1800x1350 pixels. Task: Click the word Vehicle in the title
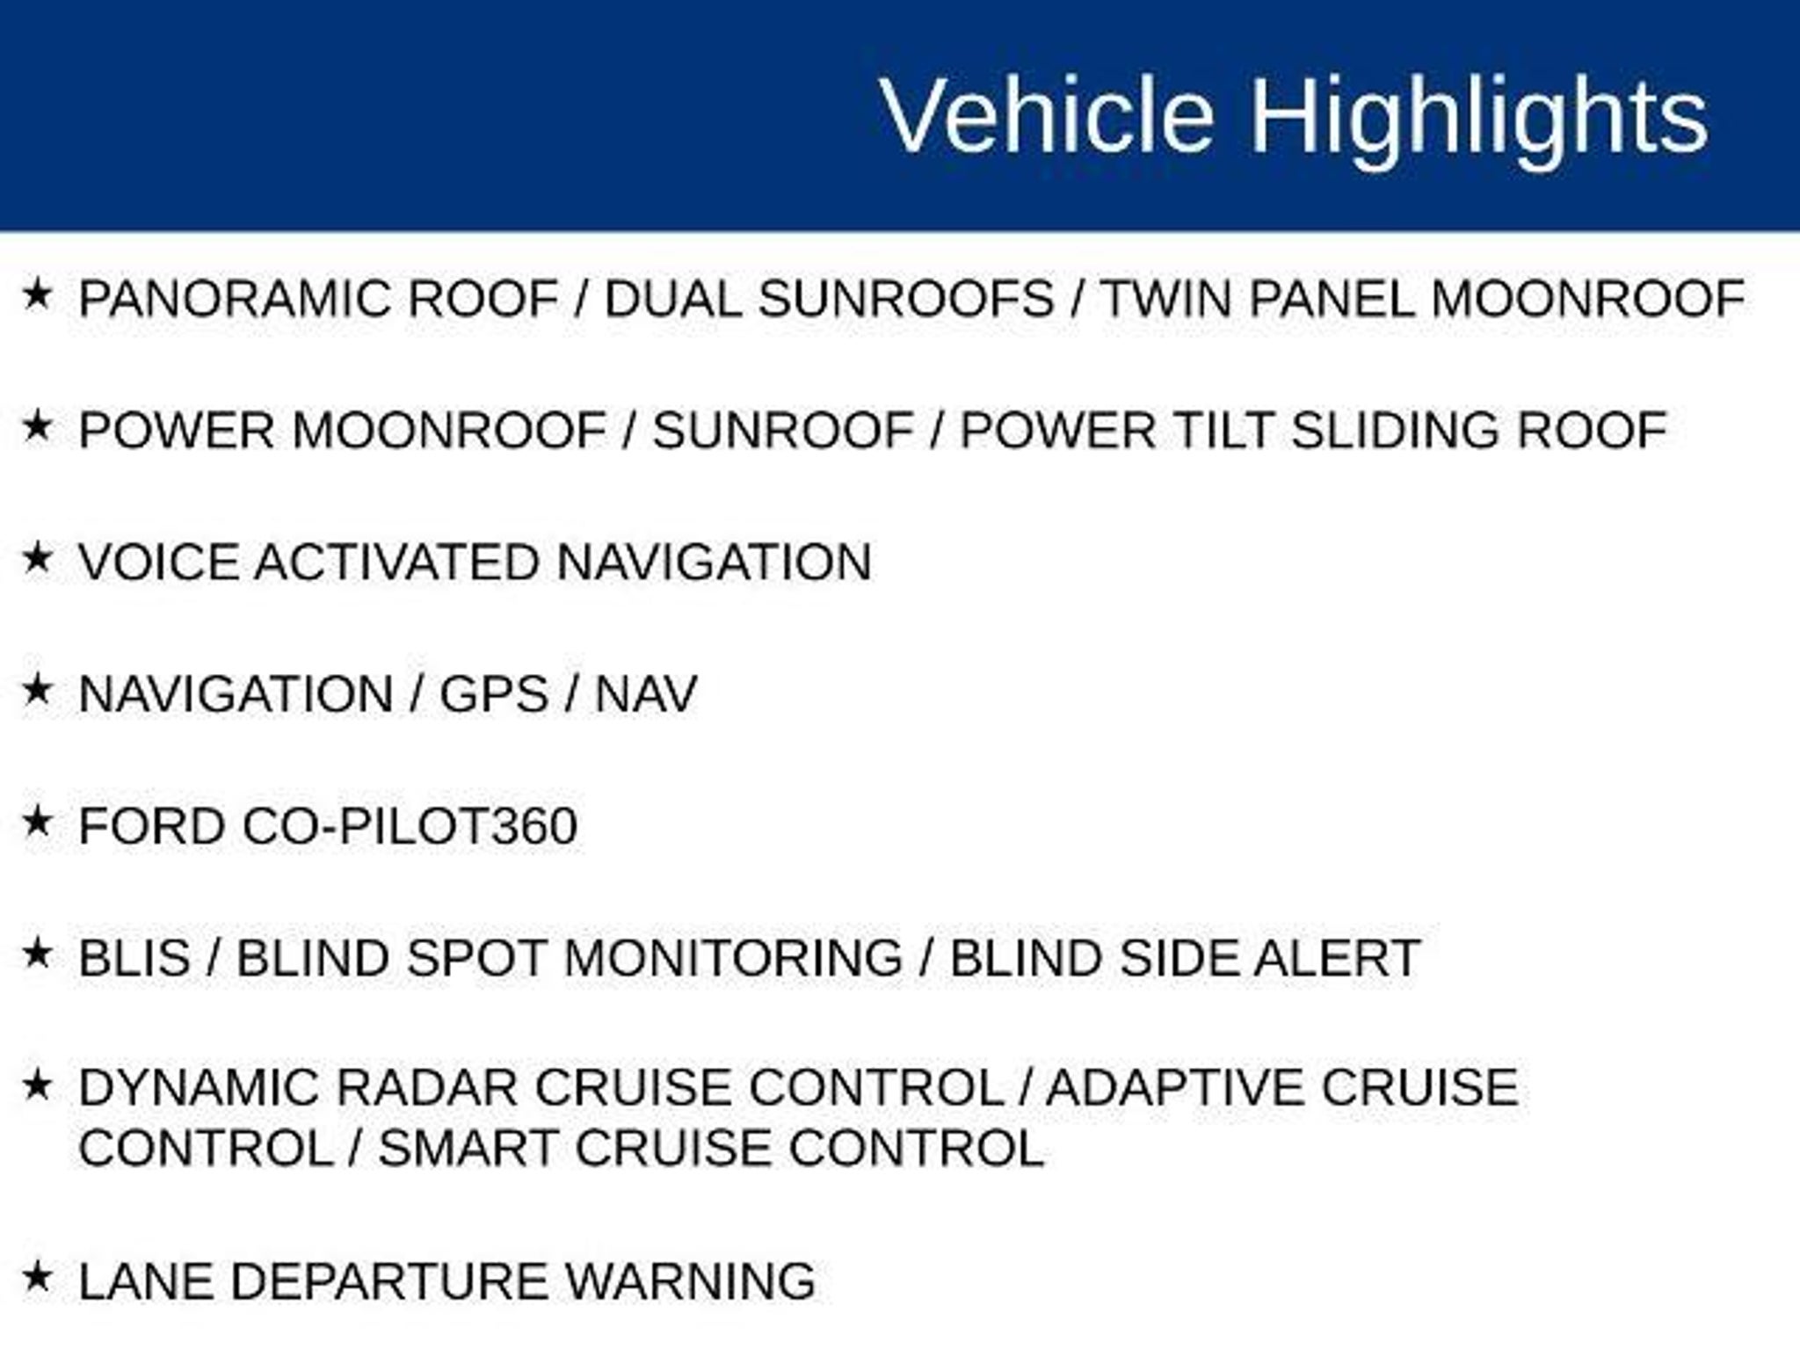(1048, 115)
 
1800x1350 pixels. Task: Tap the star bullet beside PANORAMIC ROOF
(37, 295)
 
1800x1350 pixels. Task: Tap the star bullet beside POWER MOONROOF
(37, 427)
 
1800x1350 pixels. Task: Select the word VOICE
(159, 562)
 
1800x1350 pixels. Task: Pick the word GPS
(494, 694)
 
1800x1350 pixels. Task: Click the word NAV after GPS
(646, 694)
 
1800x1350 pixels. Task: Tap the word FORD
(152, 826)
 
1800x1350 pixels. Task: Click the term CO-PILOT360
(410, 826)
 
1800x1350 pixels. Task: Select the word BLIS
(134, 958)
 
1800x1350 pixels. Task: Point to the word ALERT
(1337, 958)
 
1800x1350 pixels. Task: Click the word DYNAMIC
(201, 1088)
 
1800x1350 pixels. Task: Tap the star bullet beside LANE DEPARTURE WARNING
(37, 1277)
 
